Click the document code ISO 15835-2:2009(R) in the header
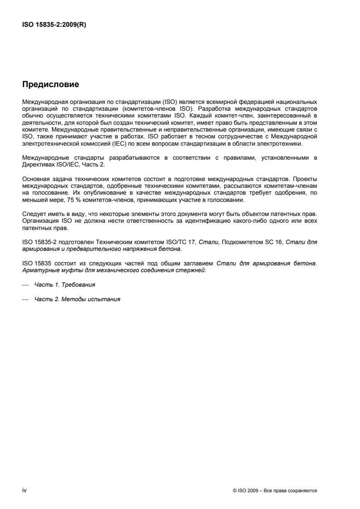[x=54, y=25]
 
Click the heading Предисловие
[x=51, y=84]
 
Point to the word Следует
[x=33, y=212]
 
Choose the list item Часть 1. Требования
[x=65, y=285]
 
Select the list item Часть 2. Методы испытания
[x=77, y=299]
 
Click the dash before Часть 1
[x=25, y=285]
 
